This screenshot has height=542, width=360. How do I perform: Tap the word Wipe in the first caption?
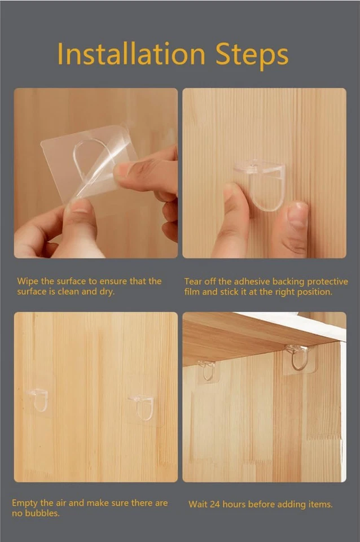pyautogui.click(x=28, y=281)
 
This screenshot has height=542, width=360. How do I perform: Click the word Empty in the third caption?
pyautogui.click(x=25, y=502)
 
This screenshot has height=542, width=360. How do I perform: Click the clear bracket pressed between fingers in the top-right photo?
pyautogui.click(x=260, y=183)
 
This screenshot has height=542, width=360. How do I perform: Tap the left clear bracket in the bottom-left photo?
pyautogui.click(x=39, y=399)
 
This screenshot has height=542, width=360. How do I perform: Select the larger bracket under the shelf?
pyautogui.click(x=297, y=357)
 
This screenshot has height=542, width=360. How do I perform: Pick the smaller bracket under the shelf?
pyautogui.click(x=207, y=369)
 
